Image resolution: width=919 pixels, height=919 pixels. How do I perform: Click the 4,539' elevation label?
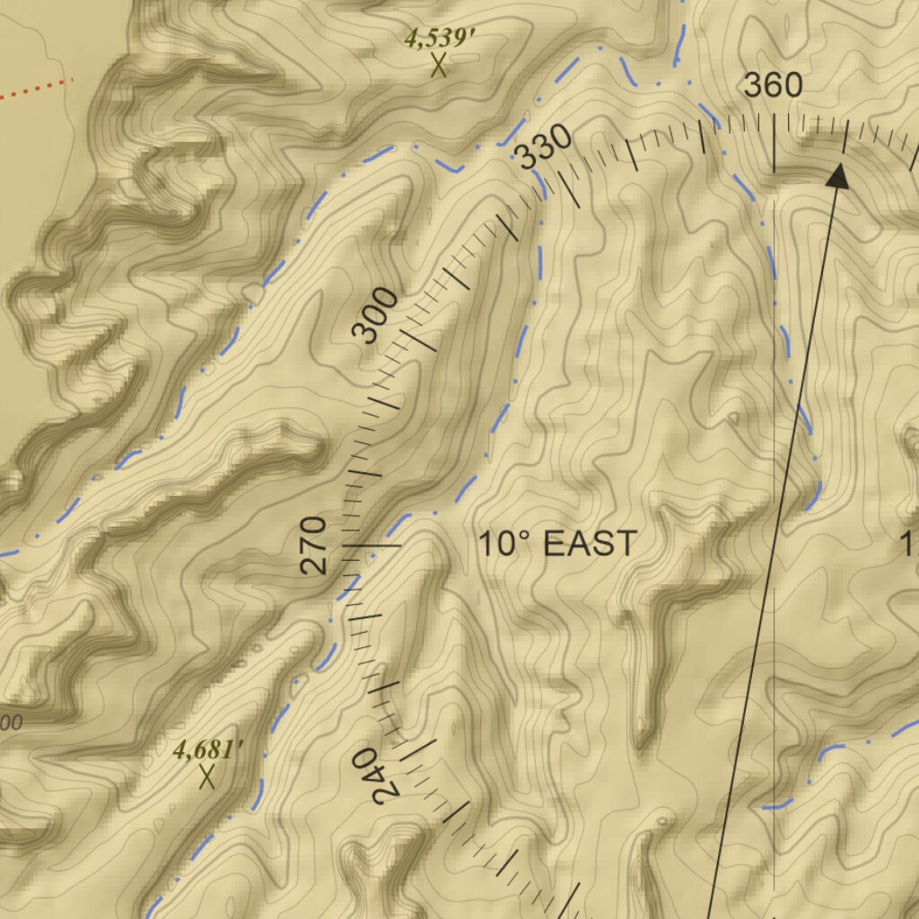click(x=439, y=39)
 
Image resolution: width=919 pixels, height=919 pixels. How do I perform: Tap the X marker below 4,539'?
click(x=439, y=66)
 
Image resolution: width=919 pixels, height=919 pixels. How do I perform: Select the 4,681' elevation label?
click(x=208, y=750)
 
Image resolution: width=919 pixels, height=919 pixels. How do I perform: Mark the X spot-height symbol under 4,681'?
click(x=207, y=776)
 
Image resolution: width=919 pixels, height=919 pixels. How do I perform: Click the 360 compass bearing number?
click(x=773, y=85)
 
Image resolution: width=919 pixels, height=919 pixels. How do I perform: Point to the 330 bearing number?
click(x=544, y=147)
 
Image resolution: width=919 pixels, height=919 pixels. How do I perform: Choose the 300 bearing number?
click(x=375, y=316)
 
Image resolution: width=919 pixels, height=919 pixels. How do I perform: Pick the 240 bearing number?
click(x=376, y=777)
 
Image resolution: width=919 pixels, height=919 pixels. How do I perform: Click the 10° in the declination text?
click(x=504, y=544)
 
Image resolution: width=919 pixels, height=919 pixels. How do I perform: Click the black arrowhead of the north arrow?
click(x=837, y=176)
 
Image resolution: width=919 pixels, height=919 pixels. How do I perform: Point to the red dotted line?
click(x=36, y=89)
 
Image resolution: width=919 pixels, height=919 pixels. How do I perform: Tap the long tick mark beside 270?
click(x=373, y=545)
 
